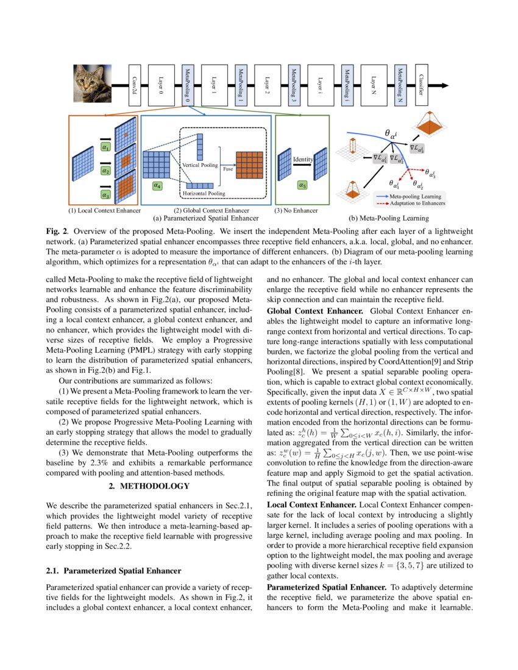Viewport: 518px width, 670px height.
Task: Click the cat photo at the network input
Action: tap(93, 83)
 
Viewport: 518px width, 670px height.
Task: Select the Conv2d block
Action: tap(135, 85)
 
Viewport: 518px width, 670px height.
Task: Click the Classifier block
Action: tap(421, 85)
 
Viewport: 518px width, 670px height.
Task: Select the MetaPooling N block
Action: tap(400, 85)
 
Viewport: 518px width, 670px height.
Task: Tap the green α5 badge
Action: tap(302, 184)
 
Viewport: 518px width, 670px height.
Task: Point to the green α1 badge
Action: tap(105, 147)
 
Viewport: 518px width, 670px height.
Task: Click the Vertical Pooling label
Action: tap(200, 165)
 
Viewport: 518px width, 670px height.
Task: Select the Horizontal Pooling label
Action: tap(203, 193)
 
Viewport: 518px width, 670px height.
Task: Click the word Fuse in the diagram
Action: tap(227, 169)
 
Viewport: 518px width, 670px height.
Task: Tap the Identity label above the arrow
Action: tap(302, 159)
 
